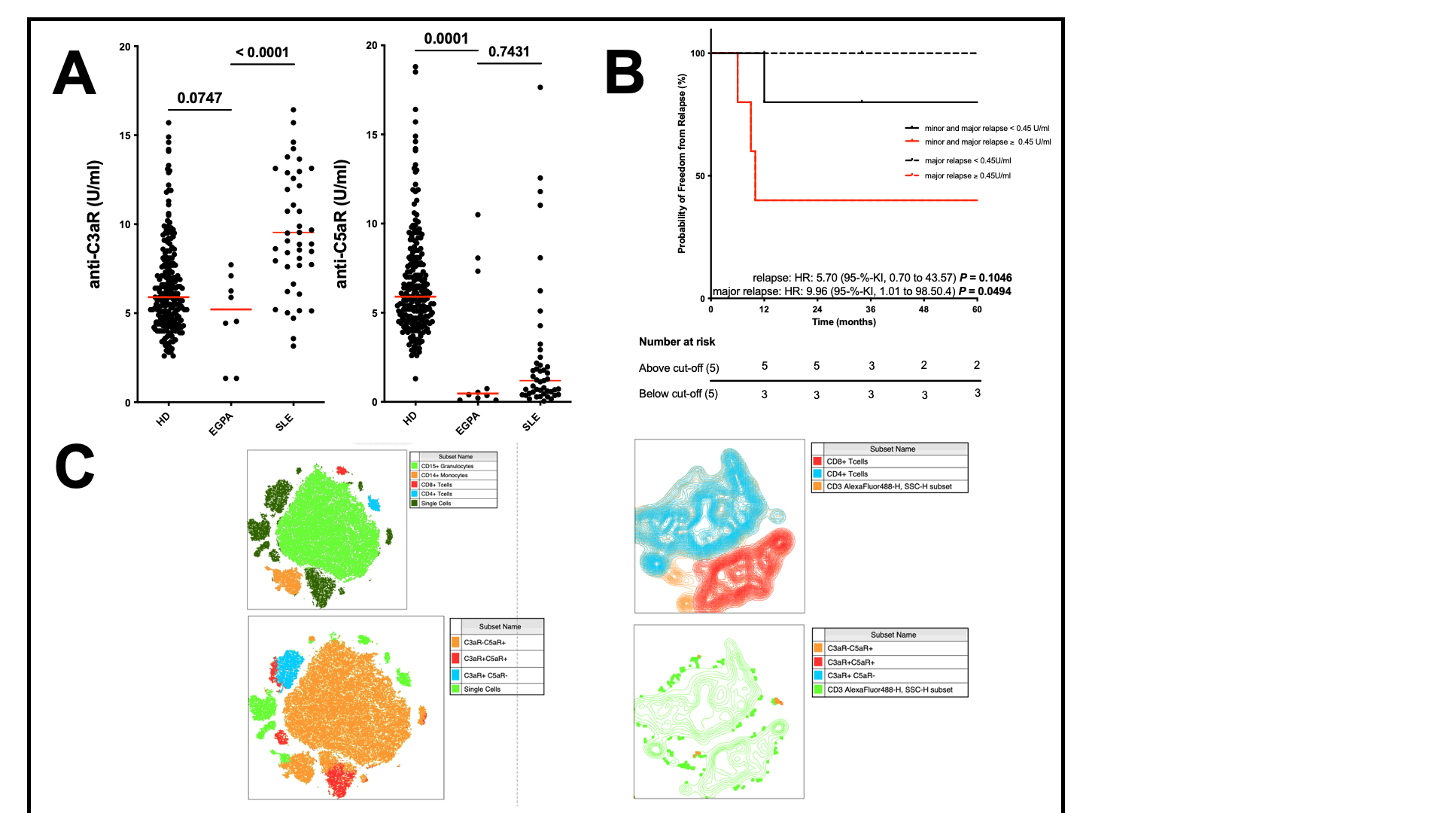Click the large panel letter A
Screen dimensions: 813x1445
(75, 73)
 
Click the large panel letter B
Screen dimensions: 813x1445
(625, 73)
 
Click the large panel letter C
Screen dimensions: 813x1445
(75, 467)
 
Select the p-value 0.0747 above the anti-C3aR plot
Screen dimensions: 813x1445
(199, 98)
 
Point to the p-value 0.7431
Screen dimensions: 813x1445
(509, 51)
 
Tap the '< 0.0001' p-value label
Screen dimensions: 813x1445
(262, 52)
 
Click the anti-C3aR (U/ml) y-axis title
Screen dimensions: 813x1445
(94, 224)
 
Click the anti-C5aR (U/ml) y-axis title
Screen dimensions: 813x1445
(341, 224)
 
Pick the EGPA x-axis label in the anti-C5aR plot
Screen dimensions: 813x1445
(467, 423)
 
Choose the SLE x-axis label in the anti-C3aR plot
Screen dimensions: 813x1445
(284, 423)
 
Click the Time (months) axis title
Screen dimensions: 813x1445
(844, 322)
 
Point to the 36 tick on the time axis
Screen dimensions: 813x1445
(871, 309)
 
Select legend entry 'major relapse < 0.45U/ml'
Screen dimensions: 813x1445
(967, 160)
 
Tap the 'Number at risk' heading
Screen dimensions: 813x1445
(677, 342)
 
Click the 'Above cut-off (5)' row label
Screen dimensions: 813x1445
(679, 368)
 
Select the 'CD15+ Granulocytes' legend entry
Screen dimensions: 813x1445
(447, 466)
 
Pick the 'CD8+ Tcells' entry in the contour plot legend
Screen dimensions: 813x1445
(847, 461)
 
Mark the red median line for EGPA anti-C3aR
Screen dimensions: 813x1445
(231, 309)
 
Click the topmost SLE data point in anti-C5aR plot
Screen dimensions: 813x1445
(540, 87)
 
